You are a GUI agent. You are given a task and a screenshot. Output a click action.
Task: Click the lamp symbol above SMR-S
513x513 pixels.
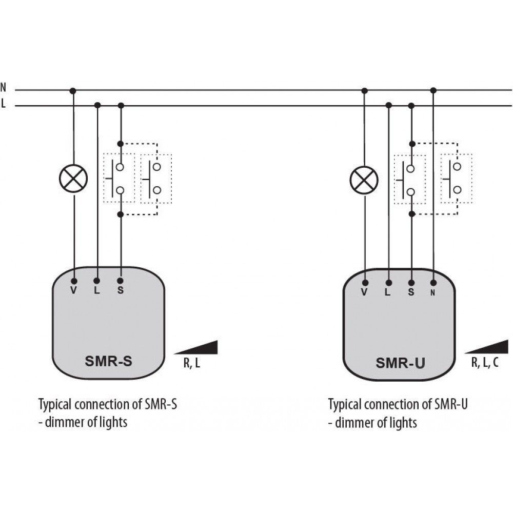pos(73,179)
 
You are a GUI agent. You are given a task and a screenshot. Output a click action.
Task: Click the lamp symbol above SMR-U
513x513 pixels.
pos(364,180)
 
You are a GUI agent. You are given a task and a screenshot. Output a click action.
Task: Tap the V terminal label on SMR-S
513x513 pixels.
pos(73,290)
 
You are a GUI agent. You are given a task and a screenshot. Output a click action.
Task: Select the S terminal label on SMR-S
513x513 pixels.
pos(121,290)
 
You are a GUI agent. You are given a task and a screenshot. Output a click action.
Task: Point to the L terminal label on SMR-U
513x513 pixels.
pos(388,292)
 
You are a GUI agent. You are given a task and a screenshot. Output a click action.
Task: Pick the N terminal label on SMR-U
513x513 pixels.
pos(433,293)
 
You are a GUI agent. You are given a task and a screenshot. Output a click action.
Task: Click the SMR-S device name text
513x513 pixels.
pos(108,361)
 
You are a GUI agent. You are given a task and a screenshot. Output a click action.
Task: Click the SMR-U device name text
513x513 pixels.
pos(400,363)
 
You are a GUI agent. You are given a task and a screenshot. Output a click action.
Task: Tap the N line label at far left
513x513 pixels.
pos(3,87)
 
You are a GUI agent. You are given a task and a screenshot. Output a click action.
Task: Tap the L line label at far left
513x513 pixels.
pos(3,104)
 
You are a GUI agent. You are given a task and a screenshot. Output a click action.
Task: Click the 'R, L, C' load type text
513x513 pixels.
pos(485,363)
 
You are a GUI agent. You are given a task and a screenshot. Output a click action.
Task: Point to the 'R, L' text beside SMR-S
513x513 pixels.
pos(192,363)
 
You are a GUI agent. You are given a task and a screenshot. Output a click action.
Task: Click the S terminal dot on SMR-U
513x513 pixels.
pos(411,283)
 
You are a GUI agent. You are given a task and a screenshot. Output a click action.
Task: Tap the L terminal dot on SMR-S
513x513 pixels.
pos(97,281)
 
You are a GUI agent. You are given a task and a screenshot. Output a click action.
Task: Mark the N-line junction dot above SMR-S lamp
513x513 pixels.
pos(73,91)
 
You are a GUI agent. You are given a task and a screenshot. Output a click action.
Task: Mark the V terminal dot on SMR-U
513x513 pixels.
pos(365,283)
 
